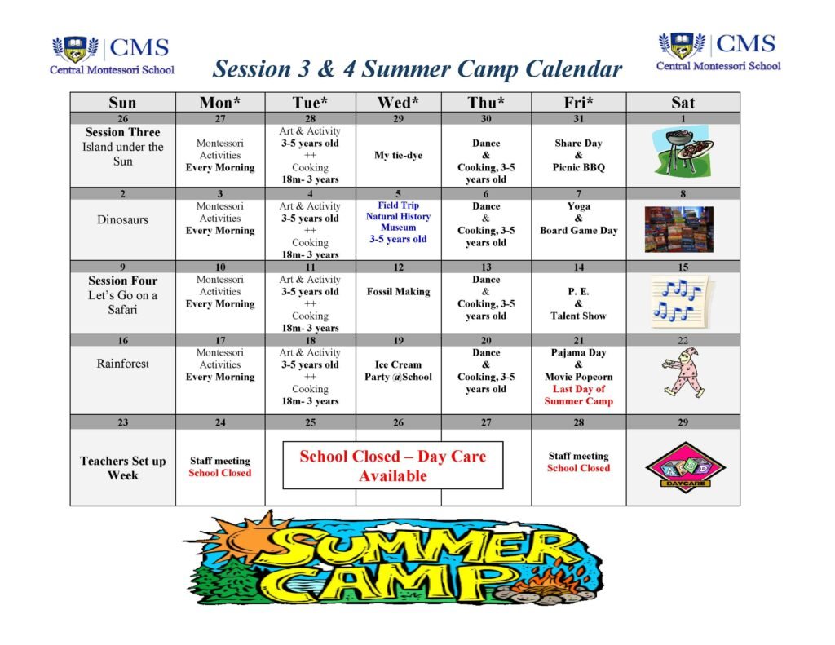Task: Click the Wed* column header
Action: pyautogui.click(x=398, y=102)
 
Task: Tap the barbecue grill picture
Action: pyautogui.click(x=683, y=151)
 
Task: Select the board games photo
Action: pyautogui.click(x=679, y=229)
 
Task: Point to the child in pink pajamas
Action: pyautogui.click(x=684, y=373)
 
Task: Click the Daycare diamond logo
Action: pyautogui.click(x=685, y=467)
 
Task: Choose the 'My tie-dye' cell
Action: pyautogui.click(x=398, y=155)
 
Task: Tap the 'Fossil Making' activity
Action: pyautogui.click(x=398, y=291)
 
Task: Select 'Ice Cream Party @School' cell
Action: pyautogui.click(x=398, y=371)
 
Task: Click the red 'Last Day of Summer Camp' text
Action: pyautogui.click(x=578, y=395)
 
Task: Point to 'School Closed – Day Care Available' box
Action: pyautogui.click(x=392, y=465)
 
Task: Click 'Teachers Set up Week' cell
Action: pyautogui.click(x=123, y=467)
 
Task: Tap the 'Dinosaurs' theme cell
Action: pyautogui.click(x=122, y=219)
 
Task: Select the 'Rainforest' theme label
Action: pyautogui.click(x=122, y=363)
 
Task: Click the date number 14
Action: pyautogui.click(x=578, y=267)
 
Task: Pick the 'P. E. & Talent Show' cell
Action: pyautogui.click(x=578, y=303)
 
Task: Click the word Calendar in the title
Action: pyautogui.click(x=573, y=69)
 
